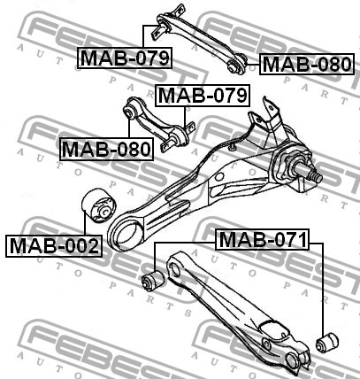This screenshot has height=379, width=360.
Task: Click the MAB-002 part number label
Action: coord(54,246)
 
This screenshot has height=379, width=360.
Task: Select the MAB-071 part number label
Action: coord(263,239)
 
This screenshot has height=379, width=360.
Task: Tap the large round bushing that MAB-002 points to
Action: coord(99,207)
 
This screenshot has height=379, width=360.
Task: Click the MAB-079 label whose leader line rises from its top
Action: coord(125,58)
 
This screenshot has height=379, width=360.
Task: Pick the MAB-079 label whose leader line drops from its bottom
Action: coord(203,96)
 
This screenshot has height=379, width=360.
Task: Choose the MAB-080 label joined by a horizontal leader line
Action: coord(307,64)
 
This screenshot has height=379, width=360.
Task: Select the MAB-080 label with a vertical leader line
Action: coord(106,149)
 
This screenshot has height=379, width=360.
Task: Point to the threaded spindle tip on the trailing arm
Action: coord(316,176)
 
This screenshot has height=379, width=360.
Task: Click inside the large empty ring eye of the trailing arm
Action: coord(127,232)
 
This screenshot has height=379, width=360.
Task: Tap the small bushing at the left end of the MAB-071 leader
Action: coord(153,281)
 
